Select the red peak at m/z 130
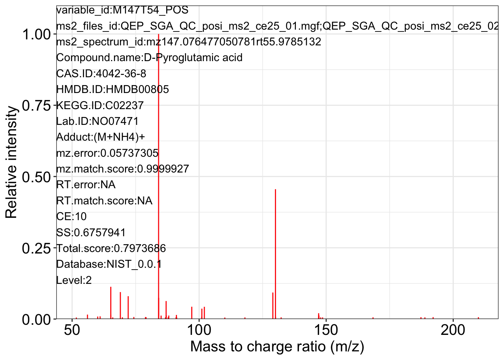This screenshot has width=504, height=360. (275, 255)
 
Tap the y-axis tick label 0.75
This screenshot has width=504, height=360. (36, 106)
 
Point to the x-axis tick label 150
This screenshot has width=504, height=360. (326, 331)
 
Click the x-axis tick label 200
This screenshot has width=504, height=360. (453, 331)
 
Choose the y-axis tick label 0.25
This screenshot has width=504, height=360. (36, 248)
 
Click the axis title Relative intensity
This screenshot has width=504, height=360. (11, 162)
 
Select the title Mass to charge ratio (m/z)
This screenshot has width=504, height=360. (277, 346)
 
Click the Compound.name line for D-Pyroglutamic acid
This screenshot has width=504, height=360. (149, 58)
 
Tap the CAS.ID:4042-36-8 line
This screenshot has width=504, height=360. (101, 73)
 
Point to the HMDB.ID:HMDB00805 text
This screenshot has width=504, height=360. (112, 89)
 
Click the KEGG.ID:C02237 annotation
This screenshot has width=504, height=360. (100, 105)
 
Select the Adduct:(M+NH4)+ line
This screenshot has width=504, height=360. (100, 137)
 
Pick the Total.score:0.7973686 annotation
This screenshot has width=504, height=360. (111, 248)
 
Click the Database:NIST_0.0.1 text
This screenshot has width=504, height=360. (109, 264)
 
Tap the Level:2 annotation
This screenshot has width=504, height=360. (74, 280)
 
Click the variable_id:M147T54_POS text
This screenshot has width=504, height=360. (122, 10)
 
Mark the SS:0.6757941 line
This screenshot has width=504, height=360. (91, 232)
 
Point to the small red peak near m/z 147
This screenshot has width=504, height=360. (319, 316)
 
